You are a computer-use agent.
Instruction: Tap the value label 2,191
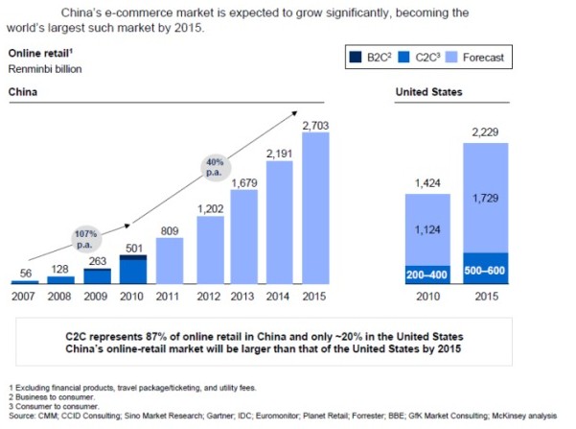[281, 153]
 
